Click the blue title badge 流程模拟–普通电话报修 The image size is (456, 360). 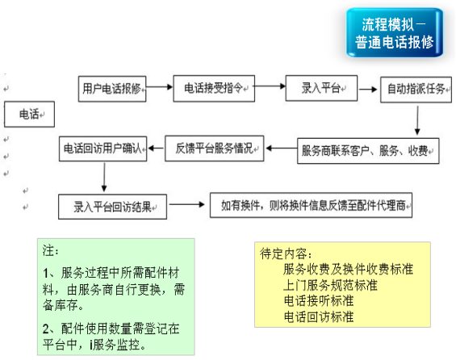point(395,32)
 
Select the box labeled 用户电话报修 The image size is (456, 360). point(112,89)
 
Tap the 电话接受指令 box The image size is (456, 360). point(214,89)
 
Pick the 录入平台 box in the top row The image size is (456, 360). point(321,88)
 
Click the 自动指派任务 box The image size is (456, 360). point(416,90)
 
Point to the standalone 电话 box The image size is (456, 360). point(29,114)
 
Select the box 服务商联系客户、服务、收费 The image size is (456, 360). point(368,151)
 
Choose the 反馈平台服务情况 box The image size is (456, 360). point(215,149)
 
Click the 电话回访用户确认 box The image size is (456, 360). point(103,149)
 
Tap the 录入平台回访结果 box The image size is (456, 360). point(112,207)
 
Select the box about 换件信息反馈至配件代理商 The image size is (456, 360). point(311,205)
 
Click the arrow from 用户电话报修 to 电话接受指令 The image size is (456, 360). point(159,86)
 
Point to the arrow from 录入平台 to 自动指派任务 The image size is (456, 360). point(368,90)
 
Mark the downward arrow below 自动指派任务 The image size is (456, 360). point(417,120)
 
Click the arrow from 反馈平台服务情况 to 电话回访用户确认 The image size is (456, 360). point(156,149)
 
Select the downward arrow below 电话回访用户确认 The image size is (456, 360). point(104,177)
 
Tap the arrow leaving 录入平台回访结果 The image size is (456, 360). point(187,204)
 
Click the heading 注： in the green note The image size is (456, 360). point(51,250)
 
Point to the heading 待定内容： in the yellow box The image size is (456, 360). point(287,253)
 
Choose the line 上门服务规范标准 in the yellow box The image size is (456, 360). point(330,285)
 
